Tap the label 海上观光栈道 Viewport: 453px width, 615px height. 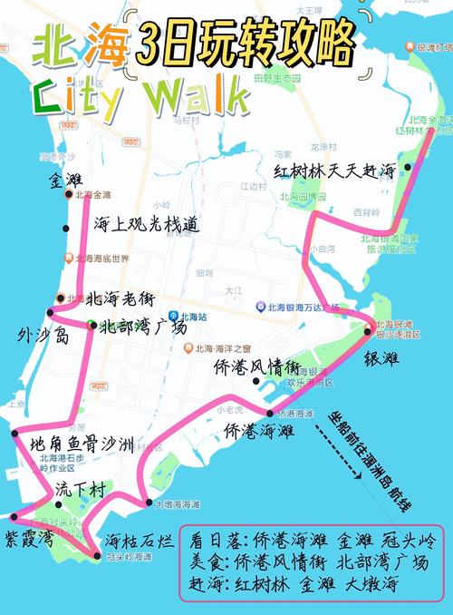[x=146, y=224]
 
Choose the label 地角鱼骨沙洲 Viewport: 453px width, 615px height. [x=82, y=444]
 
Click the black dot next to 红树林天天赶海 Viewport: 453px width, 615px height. [x=408, y=167]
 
